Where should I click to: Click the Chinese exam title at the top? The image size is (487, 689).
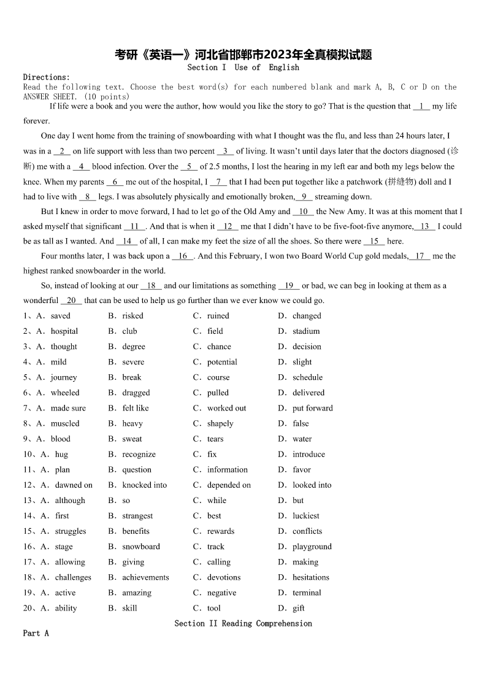[x=243, y=55]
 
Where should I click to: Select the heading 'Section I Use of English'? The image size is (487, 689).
[x=243, y=67]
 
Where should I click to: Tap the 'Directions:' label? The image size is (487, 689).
[x=47, y=77]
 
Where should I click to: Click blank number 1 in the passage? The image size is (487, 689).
[x=421, y=106]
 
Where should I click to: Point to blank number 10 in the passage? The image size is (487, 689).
[x=303, y=212]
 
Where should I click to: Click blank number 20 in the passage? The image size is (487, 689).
[x=71, y=301]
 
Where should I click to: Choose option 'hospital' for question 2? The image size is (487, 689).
[x=64, y=331]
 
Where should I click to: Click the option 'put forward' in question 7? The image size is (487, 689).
[x=313, y=408]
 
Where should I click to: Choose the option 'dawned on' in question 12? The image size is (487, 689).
[x=74, y=485]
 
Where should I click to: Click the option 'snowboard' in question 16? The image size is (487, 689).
[x=141, y=547]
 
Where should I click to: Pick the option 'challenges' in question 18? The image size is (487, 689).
[x=73, y=577]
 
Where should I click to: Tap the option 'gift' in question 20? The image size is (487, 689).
[x=299, y=608]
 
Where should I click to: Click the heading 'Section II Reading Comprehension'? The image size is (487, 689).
[x=243, y=623]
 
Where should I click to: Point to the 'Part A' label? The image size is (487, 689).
[x=36, y=633]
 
